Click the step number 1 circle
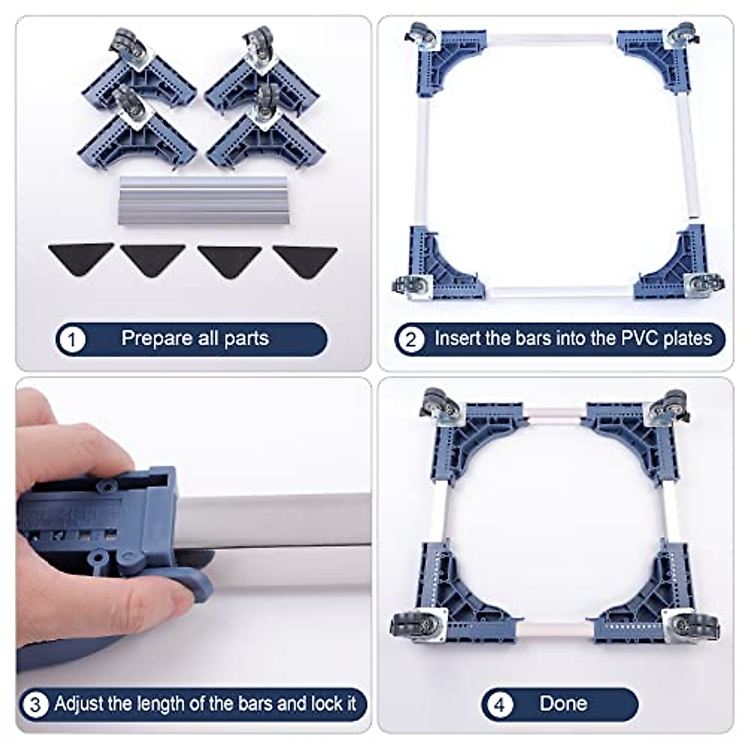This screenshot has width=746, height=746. point(73,339)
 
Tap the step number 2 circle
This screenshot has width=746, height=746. point(410,339)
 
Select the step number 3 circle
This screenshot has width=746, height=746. point(35,704)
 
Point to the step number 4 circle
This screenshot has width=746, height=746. point(499,704)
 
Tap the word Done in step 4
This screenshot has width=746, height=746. point(563,703)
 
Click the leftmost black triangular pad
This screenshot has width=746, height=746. point(81,256)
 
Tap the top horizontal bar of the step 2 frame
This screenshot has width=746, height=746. point(551,39)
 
